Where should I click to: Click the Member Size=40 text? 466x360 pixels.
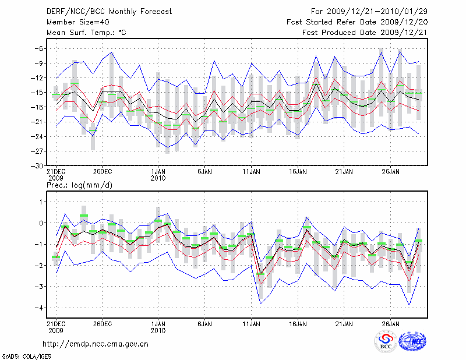[x=73, y=22]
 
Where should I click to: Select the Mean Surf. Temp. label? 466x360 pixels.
[x=86, y=33]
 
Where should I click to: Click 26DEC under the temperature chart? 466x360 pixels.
[x=102, y=172]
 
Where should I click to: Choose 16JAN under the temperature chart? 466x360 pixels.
[x=298, y=172]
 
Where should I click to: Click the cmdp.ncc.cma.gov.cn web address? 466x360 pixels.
[x=96, y=344]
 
